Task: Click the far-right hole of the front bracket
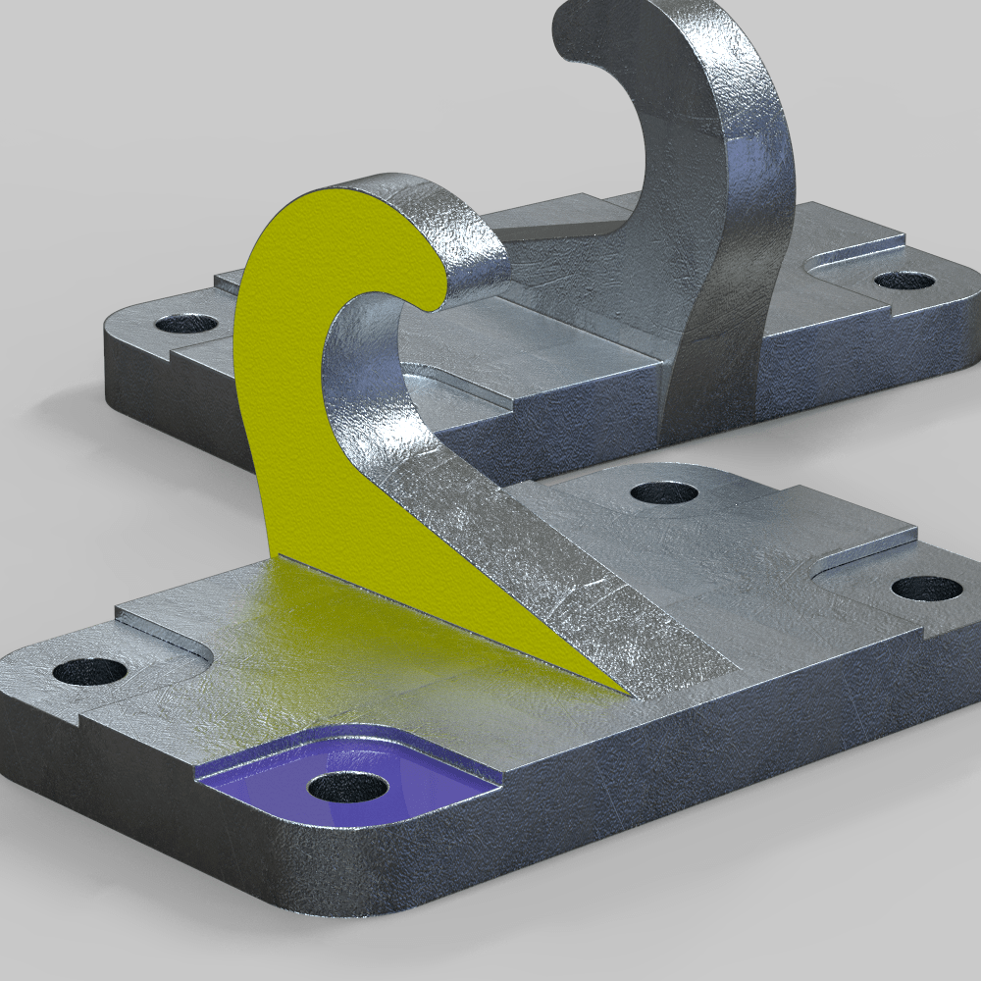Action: (927, 589)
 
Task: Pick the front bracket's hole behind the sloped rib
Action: (664, 491)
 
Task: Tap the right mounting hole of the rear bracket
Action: (904, 281)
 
